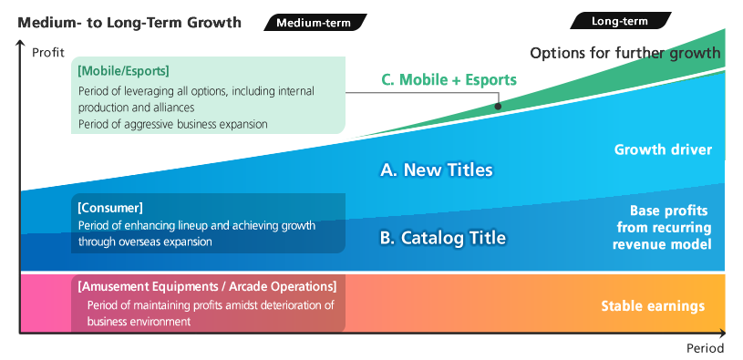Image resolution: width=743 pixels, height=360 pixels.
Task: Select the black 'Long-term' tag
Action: pyautogui.click(x=620, y=20)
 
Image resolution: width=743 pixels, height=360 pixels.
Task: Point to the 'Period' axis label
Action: pyautogui.click(x=705, y=348)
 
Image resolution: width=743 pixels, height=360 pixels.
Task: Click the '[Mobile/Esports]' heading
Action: pyautogui.click(x=124, y=70)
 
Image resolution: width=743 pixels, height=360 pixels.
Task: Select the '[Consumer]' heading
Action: pyautogui.click(x=110, y=208)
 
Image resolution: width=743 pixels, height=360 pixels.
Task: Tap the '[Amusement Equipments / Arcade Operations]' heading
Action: pyautogui.click(x=207, y=286)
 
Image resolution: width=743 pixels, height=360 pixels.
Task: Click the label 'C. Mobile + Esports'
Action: pyautogui.click(x=449, y=79)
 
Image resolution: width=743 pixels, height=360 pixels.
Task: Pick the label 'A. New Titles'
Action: pyautogui.click(x=436, y=170)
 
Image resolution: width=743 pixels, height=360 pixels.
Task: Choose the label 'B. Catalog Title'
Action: pyautogui.click(x=442, y=239)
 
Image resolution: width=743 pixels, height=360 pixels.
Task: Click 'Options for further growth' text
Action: pyautogui.click(x=624, y=53)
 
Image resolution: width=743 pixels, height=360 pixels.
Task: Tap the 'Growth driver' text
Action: pyautogui.click(x=663, y=149)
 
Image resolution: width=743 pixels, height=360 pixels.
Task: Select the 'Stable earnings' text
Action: pyautogui.click(x=653, y=305)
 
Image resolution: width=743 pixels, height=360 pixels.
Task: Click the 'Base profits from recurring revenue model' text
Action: pyautogui.click(x=662, y=227)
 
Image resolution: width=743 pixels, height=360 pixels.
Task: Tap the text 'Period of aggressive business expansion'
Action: pyautogui.click(x=172, y=123)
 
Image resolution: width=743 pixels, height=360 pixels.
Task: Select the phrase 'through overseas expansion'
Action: pyautogui.click(x=145, y=242)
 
